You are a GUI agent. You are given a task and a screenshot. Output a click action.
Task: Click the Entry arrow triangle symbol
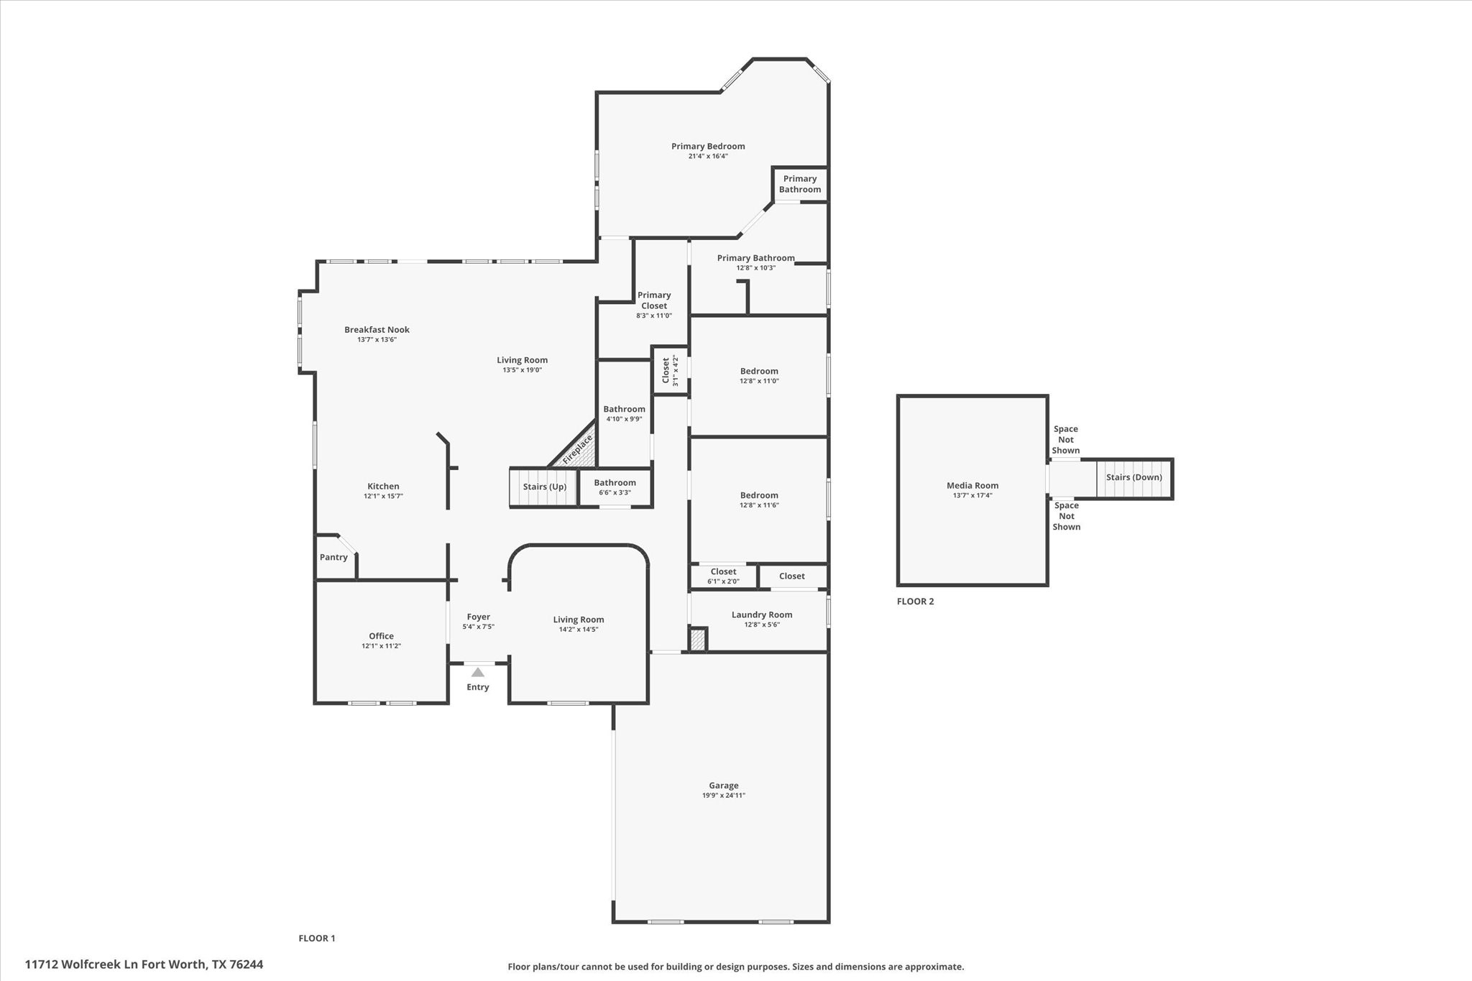[477, 673]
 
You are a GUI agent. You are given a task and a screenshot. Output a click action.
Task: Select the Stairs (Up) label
[544, 487]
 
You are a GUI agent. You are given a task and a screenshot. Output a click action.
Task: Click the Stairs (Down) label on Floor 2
[1133, 477]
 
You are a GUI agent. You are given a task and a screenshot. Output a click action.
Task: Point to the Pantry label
[333, 557]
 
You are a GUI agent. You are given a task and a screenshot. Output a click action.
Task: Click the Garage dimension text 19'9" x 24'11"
[723, 796]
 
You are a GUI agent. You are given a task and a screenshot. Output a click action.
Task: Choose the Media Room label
[972, 485]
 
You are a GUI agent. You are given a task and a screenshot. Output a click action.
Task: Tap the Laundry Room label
[761, 614]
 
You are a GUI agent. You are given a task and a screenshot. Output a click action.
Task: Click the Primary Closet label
[653, 300]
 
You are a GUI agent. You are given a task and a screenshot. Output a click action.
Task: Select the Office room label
[381, 636]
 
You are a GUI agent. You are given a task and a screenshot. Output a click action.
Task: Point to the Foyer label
[478, 617]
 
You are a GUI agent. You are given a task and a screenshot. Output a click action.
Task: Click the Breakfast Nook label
[377, 330]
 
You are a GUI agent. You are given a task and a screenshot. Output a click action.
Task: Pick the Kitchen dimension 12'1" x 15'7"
[383, 497]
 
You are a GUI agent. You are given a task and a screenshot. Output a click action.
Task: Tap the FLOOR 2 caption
[915, 602]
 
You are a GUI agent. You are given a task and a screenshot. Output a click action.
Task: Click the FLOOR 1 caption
[317, 938]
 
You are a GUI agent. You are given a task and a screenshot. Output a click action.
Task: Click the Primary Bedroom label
[708, 146]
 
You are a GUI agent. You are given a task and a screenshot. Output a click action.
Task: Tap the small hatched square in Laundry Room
[697, 640]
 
